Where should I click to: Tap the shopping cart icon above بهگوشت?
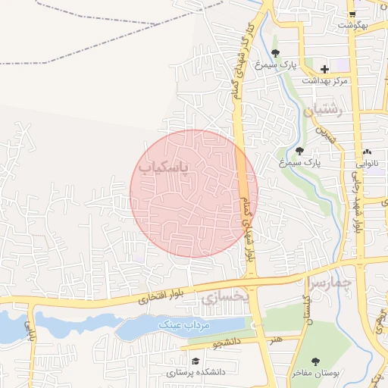click(352, 14)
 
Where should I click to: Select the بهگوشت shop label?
click(352, 26)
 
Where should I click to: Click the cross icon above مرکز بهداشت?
click(324, 69)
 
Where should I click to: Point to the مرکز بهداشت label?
click(324, 80)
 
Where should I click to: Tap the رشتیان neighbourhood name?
click(324, 111)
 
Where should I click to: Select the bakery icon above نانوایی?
click(368, 152)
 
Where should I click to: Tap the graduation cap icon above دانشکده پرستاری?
click(196, 361)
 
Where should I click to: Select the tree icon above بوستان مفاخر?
click(316, 361)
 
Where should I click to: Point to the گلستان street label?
click(306, 312)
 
